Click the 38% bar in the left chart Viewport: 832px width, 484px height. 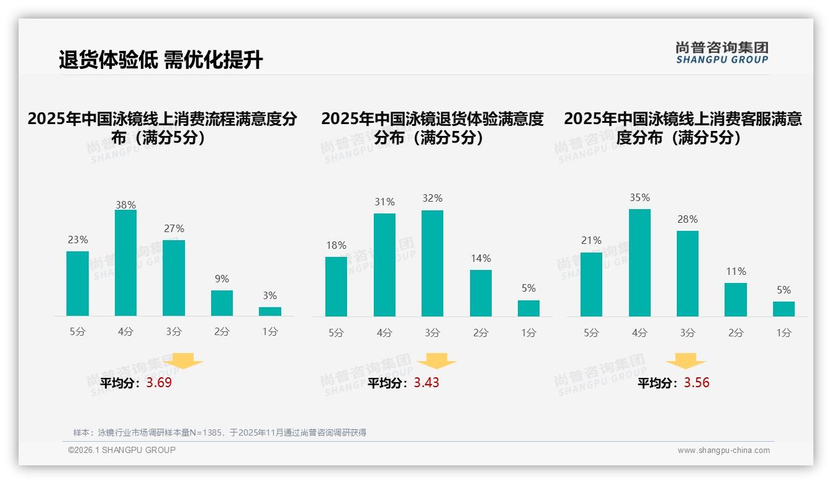[x=125, y=263]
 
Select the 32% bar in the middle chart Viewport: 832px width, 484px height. [x=432, y=264]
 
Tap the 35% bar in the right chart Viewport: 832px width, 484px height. [x=640, y=263]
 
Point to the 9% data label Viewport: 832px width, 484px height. [x=222, y=279]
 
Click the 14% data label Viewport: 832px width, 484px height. [x=481, y=259]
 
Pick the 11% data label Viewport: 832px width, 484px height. [x=736, y=272]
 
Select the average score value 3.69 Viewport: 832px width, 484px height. [x=159, y=383]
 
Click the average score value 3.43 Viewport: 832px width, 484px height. [x=427, y=383]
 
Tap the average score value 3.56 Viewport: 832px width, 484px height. [x=697, y=383]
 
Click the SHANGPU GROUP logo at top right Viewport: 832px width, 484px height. [x=722, y=53]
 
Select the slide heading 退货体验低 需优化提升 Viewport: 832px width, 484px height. [x=161, y=60]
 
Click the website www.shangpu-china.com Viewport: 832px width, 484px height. [x=723, y=450]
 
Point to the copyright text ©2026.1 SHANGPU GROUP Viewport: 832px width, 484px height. [x=122, y=450]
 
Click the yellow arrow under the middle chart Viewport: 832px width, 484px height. [x=436, y=361]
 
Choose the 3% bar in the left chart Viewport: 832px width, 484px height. [x=270, y=311]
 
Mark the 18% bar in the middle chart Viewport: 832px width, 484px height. [x=336, y=287]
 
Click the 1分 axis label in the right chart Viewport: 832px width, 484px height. [x=784, y=333]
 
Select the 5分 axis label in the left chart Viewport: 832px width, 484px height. [x=78, y=332]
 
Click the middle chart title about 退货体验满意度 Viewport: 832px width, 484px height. [x=432, y=128]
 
